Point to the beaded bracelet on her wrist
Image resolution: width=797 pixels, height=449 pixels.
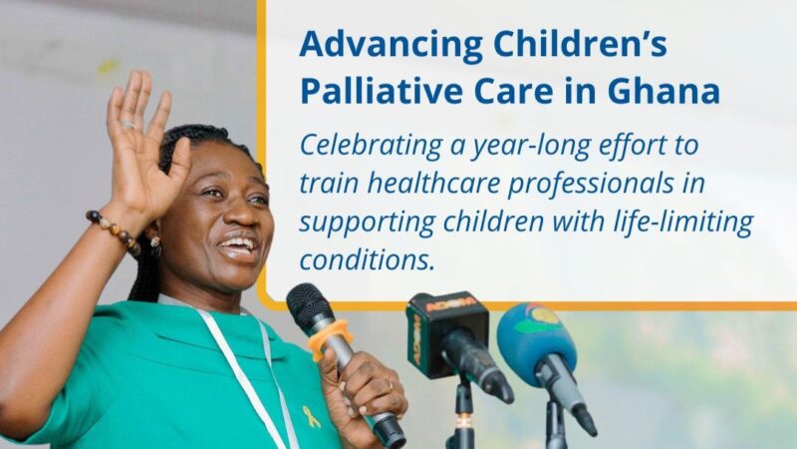coord(113,227)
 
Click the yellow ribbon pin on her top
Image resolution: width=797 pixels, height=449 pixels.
coord(311,415)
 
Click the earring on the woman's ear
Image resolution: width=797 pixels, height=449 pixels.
coord(155,245)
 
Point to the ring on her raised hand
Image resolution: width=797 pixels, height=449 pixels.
coord(127,125)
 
